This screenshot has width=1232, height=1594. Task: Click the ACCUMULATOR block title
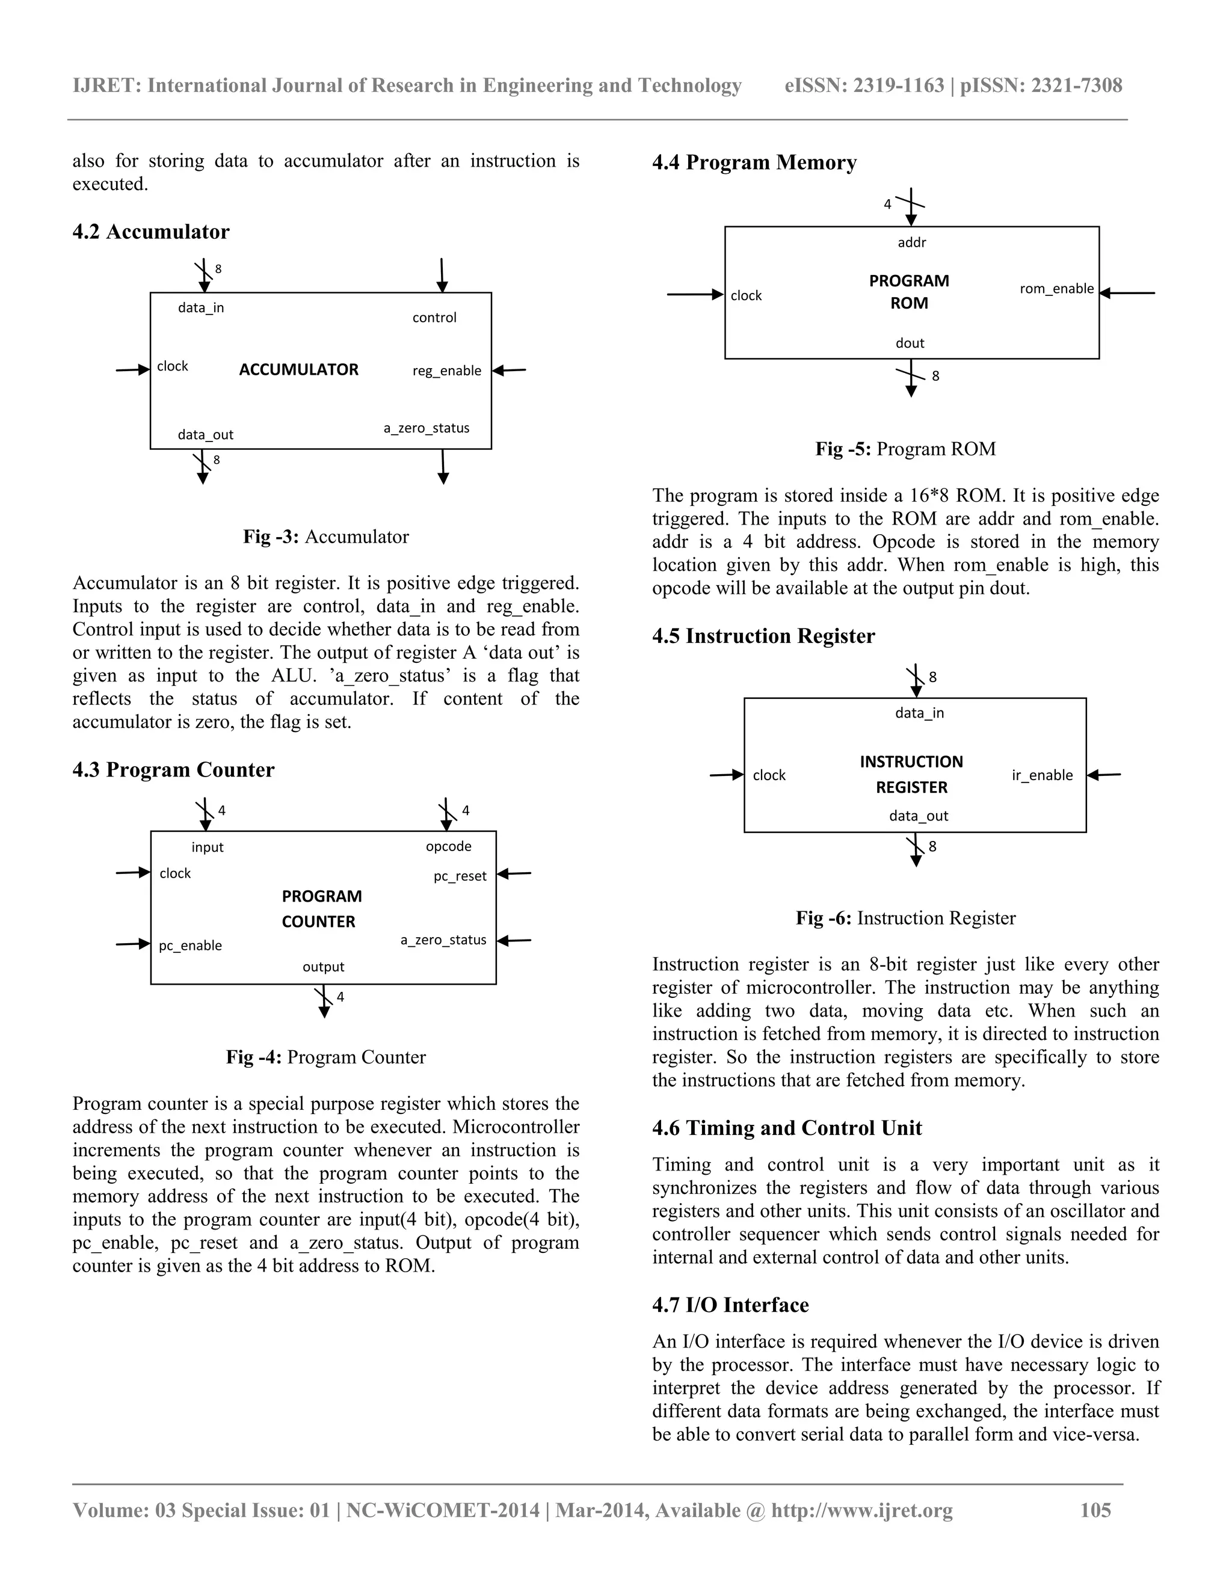[x=298, y=369]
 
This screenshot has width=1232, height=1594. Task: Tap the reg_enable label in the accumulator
[x=447, y=371]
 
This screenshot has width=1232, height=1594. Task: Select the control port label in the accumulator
[x=434, y=318]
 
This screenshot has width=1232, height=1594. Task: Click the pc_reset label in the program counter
[x=460, y=876]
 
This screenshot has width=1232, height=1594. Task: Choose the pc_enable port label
[x=191, y=946]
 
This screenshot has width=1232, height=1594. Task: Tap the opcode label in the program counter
[x=449, y=847]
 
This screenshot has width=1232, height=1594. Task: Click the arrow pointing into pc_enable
[x=133, y=944]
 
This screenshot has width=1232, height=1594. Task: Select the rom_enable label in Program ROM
[x=1057, y=289]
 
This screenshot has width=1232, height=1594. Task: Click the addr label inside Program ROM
[x=911, y=242]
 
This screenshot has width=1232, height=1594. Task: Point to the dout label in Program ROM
[x=910, y=343]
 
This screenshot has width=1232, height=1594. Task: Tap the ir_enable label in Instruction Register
[x=1043, y=775]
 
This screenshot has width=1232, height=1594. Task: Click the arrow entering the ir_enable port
[x=1103, y=775]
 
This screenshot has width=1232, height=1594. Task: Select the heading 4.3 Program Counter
[x=173, y=770]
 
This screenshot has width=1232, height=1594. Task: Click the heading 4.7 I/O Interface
[x=730, y=1305]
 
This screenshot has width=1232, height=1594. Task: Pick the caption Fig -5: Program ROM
[x=905, y=449]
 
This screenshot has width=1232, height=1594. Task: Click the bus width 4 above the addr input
[x=887, y=205]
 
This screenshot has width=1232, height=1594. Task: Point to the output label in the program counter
[x=323, y=967]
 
